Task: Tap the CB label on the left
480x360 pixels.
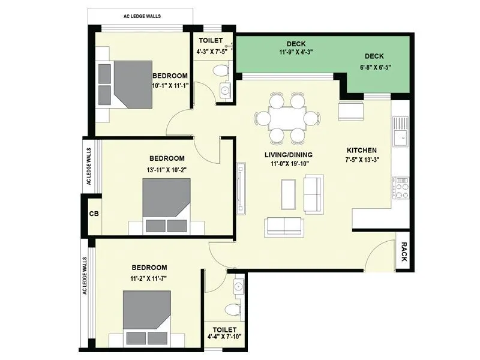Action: (x=94, y=213)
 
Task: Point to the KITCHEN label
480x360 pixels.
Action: (x=362, y=150)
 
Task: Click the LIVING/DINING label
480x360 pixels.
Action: (x=289, y=154)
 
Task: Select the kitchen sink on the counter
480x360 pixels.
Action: (x=400, y=131)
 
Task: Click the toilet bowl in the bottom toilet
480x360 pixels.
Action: (x=231, y=310)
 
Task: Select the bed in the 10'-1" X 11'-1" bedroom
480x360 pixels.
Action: (x=123, y=83)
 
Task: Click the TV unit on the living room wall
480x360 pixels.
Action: (x=241, y=188)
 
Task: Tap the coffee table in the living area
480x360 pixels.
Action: (x=287, y=194)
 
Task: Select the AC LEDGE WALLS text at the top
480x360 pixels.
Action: (x=141, y=16)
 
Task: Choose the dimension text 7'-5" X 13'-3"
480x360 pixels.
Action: (x=362, y=160)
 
